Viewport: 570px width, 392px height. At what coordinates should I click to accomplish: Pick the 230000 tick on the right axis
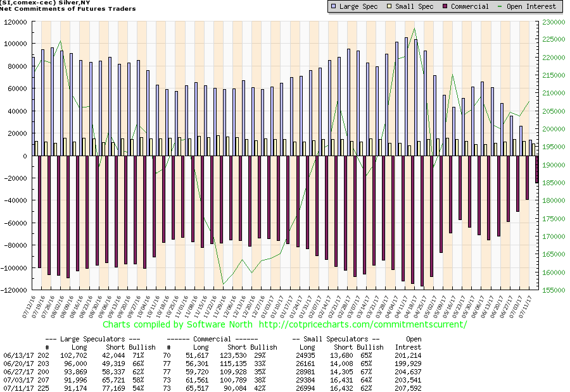[x=554, y=21]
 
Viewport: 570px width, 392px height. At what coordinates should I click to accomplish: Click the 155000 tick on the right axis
[x=554, y=290]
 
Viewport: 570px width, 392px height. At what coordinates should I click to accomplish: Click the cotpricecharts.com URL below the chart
[x=362, y=324]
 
